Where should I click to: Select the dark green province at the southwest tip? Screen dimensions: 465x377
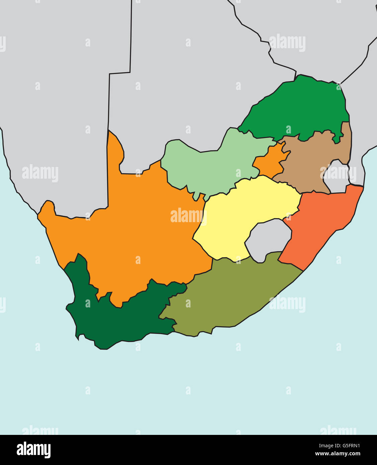point(110,321)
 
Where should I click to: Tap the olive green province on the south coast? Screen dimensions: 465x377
point(227,294)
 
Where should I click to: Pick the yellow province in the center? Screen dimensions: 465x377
point(244,207)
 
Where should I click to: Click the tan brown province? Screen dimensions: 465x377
point(308,161)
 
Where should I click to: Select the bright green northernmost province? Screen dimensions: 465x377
point(298,107)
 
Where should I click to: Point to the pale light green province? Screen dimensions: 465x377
point(207,167)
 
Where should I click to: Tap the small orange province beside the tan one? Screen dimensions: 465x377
point(268,162)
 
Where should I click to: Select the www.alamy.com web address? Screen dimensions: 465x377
point(338,454)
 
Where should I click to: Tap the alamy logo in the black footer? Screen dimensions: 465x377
point(33,450)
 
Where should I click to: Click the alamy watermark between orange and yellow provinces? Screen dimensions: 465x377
point(187,216)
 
